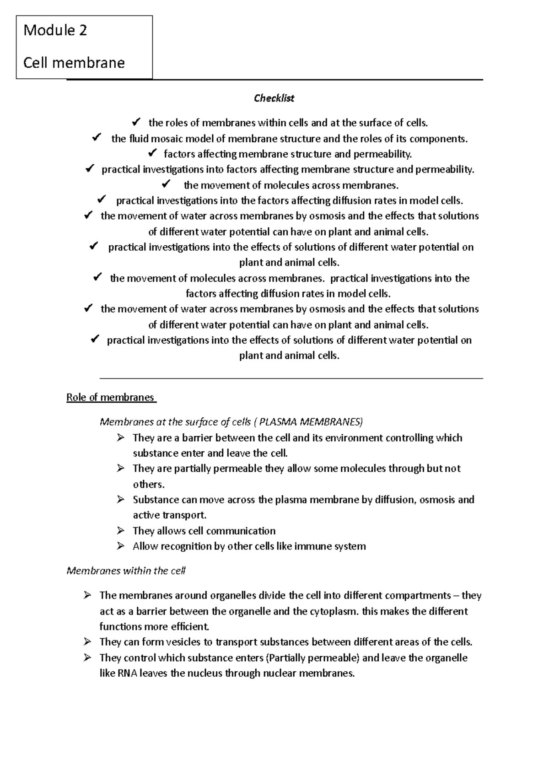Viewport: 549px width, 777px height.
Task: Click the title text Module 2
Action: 55,30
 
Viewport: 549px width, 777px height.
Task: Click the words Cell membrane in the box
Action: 74,63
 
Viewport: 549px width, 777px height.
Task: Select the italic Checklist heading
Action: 274,98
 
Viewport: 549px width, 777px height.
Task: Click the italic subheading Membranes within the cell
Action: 126,571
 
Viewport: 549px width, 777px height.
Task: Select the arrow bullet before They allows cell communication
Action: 120,530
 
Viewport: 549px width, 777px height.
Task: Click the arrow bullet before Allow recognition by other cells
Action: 120,546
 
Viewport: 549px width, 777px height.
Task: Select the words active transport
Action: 169,515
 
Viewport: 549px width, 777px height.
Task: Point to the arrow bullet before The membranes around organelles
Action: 87,595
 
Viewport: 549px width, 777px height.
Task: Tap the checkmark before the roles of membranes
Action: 136,122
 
